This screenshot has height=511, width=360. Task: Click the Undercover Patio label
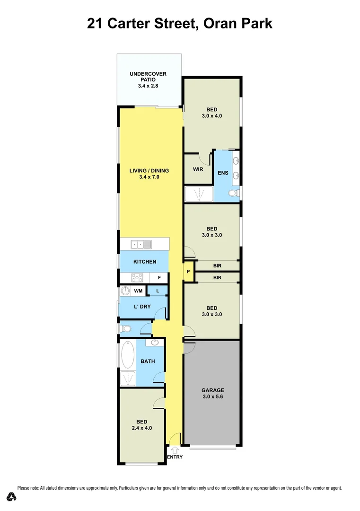point(149,79)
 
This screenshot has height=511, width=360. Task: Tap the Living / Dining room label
point(151,174)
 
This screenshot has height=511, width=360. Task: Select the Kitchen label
point(144,262)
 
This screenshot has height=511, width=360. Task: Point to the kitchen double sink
point(141,244)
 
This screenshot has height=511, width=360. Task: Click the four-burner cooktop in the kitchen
point(137,278)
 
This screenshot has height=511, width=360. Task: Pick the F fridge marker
point(159,278)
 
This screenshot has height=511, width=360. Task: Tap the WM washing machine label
point(138,291)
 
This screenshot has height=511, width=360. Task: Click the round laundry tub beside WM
point(126,291)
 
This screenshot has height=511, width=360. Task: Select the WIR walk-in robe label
point(198,169)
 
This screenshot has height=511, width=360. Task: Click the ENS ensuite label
point(223,173)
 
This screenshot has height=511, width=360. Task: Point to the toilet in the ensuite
point(233,193)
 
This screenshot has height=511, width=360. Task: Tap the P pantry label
point(188,272)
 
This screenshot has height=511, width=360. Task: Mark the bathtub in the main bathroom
point(128,355)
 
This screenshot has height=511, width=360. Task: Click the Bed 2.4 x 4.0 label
point(142,424)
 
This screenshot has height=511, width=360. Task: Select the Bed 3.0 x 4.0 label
point(211,113)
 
